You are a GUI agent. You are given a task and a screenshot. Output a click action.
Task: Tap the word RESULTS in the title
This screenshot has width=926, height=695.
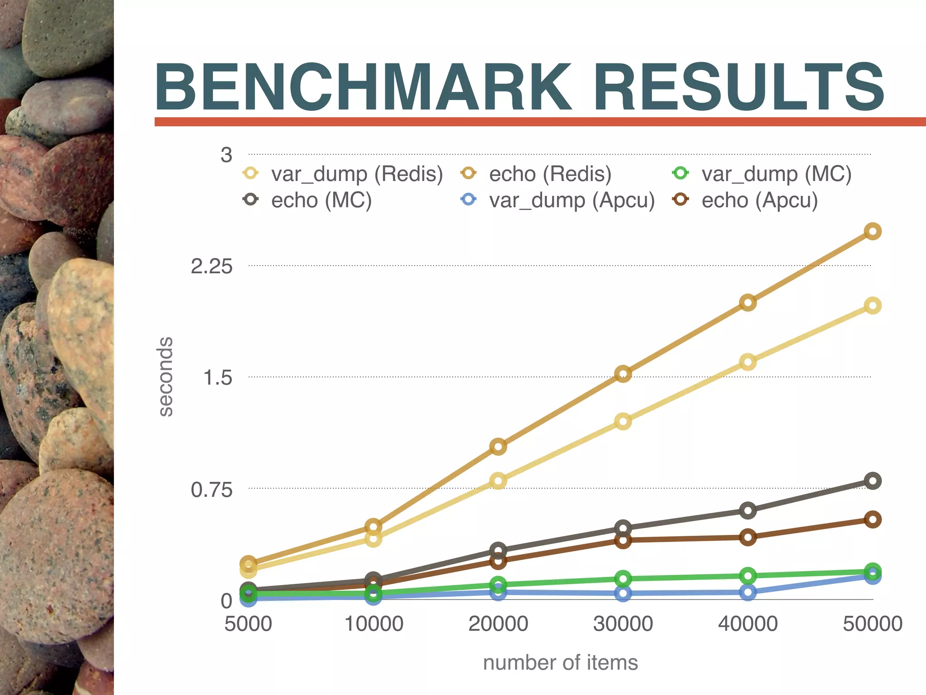point(739,87)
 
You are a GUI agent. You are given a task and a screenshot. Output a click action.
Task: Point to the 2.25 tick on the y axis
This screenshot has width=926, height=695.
point(212,267)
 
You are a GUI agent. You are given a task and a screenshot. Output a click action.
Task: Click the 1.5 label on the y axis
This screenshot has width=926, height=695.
point(217,378)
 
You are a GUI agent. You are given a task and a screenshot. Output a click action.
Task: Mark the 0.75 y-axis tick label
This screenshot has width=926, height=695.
point(212,490)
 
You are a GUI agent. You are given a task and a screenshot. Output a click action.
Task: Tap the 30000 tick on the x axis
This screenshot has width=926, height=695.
point(623,624)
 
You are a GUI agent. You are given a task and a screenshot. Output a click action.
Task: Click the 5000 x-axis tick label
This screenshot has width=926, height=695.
point(248,624)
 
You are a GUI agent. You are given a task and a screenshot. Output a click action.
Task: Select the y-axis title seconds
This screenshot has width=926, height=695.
point(166,376)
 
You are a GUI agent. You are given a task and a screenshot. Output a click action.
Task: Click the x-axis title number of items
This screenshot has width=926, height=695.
point(560,663)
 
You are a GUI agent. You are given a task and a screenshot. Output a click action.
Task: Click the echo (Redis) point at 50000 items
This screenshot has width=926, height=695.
point(873,232)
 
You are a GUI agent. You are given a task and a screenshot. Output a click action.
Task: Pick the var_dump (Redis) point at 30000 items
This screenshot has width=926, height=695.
point(623,422)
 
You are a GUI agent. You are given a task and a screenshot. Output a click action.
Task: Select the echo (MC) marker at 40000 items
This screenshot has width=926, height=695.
point(748,510)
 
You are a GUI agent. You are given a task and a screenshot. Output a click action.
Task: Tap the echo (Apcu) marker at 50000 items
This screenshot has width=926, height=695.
point(873,519)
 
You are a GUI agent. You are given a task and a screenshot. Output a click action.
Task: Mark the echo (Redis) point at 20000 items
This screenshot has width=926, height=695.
point(498,447)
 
